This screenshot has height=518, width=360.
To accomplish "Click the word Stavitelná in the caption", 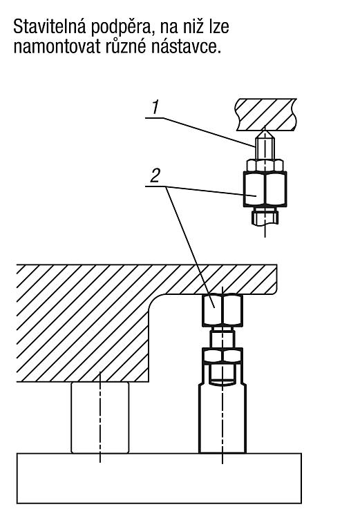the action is [50, 26].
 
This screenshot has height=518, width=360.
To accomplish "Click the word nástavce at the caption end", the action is [186, 46].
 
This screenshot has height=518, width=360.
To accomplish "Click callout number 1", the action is [155, 108].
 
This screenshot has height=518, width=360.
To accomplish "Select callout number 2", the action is [155, 175].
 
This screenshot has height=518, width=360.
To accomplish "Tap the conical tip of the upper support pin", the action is [265, 134].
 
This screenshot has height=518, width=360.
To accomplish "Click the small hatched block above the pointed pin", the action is [266, 114].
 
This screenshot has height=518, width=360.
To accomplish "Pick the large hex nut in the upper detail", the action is [265, 189].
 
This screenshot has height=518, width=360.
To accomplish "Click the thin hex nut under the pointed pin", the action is [265, 165].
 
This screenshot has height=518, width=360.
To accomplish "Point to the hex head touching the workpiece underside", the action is [222, 309].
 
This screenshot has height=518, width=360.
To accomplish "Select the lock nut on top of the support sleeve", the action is [222, 356].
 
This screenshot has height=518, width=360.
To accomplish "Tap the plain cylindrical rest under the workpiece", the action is [100, 418].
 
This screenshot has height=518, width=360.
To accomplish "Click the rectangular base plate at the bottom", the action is [159, 478].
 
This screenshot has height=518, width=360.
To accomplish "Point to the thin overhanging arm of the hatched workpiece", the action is [218, 279].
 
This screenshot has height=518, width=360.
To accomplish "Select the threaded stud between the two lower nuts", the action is [222, 337].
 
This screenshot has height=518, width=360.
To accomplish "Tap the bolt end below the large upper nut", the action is [265, 216].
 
